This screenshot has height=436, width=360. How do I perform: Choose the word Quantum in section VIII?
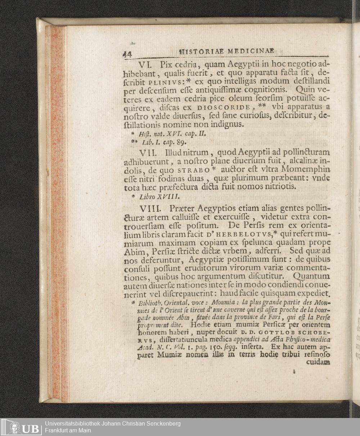pyautogui.click(x=311, y=277)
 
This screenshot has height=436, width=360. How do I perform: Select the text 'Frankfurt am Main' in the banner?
pyautogui.click(x=68, y=431)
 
